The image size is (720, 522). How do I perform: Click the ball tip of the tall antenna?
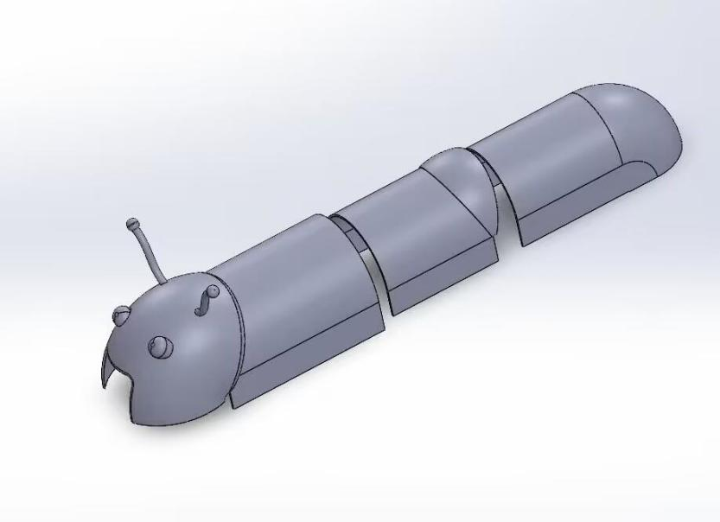[132, 224]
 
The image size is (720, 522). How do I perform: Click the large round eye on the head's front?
[160, 347]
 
